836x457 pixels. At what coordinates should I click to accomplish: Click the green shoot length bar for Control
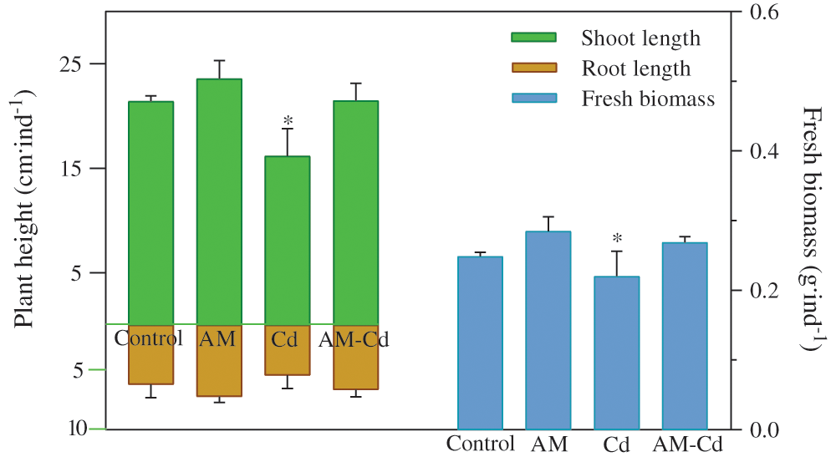click(x=151, y=212)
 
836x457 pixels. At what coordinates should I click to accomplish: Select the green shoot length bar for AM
click(x=219, y=201)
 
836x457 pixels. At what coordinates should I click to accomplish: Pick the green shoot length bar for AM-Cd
click(x=355, y=212)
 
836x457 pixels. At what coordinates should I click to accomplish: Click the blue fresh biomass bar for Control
click(x=481, y=343)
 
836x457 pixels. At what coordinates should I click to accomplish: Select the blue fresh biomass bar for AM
click(x=548, y=330)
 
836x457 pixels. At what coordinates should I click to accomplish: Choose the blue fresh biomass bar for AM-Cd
click(x=685, y=335)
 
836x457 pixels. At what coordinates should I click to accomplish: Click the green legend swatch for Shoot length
click(x=533, y=38)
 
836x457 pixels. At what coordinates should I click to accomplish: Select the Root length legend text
click(x=636, y=69)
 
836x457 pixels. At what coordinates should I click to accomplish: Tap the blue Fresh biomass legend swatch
click(x=533, y=99)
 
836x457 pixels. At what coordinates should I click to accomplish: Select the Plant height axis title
click(x=24, y=213)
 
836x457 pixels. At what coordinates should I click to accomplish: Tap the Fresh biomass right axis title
click(x=812, y=227)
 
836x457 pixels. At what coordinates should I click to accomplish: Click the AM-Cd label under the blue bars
click(x=686, y=444)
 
